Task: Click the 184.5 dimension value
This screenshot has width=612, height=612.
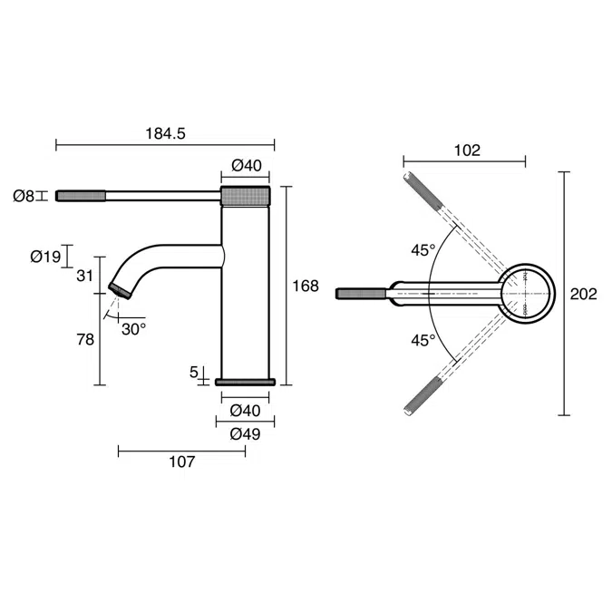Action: point(165,133)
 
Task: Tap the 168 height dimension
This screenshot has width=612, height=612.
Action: point(306,286)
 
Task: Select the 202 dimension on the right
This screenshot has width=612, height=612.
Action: point(584,294)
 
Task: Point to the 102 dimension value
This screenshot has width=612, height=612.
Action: point(466,151)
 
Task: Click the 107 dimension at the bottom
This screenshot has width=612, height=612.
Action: point(181,461)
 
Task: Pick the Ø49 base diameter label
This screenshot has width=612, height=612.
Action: point(245,434)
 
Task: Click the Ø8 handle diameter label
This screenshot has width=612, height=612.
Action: point(24,195)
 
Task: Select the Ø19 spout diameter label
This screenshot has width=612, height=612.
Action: point(45,257)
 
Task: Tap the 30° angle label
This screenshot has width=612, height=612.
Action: point(133,329)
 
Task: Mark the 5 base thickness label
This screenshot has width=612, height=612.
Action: point(195,371)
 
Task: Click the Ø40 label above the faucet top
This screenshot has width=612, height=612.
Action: point(246,165)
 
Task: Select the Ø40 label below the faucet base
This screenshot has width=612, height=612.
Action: point(245,411)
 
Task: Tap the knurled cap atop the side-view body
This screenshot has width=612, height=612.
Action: point(246,196)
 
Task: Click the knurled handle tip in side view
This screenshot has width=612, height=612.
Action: point(83,195)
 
